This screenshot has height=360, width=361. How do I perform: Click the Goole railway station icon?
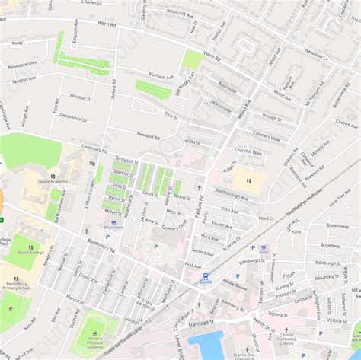204,274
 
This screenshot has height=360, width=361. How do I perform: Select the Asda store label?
264,253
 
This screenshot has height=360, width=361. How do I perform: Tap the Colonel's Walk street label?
267,138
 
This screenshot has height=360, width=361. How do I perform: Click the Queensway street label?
337,225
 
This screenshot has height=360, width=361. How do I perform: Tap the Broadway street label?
331,245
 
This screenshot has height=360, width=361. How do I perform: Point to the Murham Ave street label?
161,77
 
